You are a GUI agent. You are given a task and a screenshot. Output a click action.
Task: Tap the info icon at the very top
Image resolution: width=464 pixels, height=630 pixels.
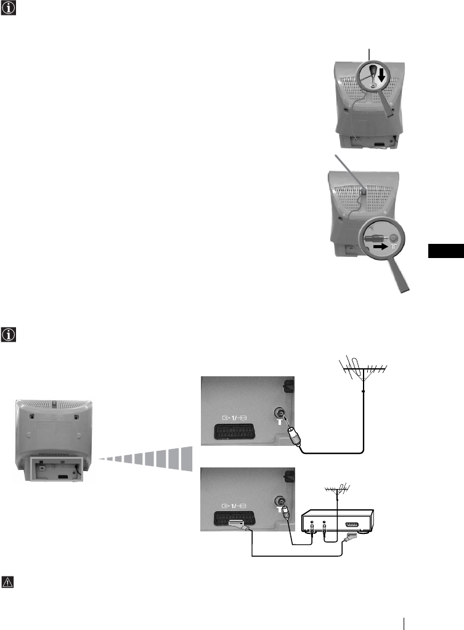8,9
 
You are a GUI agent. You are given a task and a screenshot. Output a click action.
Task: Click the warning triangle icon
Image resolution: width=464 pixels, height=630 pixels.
8,582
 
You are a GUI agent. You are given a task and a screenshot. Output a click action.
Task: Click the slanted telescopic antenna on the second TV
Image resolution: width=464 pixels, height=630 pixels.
349,174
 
